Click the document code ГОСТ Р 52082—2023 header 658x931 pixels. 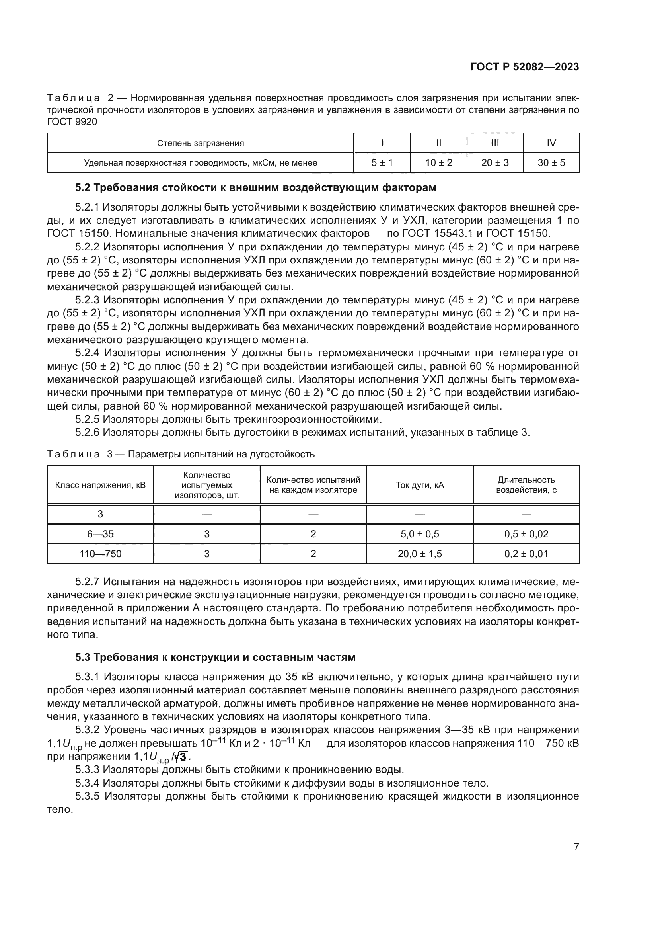(525, 67)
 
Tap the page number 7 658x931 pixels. (576, 847)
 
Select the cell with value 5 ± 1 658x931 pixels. (382, 163)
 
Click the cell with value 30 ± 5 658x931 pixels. (551, 163)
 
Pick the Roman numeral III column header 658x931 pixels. (495, 143)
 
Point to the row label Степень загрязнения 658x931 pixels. (201, 143)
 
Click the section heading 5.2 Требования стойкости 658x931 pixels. (256, 188)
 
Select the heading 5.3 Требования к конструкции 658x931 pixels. (215, 657)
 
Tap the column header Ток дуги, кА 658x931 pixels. (420, 485)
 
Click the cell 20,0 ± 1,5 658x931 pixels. (420, 554)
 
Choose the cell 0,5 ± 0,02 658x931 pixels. (526, 534)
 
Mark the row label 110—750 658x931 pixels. (101, 554)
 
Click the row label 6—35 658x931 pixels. (101, 534)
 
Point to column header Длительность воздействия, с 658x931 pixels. (526, 485)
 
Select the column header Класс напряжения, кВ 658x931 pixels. (101, 485)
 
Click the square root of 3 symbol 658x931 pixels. (183, 757)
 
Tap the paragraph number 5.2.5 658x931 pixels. (87, 419)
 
